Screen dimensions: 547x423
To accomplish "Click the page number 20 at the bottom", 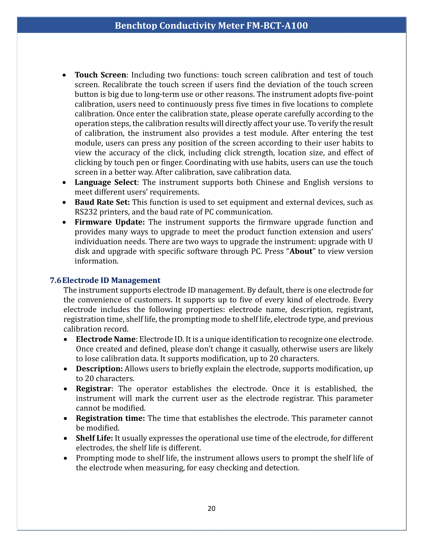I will point(211,508).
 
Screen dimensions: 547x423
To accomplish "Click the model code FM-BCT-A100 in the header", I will point(277,26).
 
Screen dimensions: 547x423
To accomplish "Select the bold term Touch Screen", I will point(100,75).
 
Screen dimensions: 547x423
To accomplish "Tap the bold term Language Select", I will point(106,182).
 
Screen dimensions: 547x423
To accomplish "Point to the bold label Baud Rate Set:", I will point(102,202).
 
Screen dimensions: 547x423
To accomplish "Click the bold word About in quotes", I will point(301,251).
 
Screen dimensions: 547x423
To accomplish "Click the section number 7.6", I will point(55,280).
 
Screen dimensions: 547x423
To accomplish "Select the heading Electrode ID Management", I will point(111,280).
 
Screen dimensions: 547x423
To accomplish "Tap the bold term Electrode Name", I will point(106,339).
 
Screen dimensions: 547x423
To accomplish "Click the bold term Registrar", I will point(94,389).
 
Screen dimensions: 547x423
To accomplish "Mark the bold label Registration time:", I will point(110,418).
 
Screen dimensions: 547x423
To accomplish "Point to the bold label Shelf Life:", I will point(95,438).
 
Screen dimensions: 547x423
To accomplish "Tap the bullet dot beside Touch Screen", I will point(64,75).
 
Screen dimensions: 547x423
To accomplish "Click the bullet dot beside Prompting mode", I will point(65,458).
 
